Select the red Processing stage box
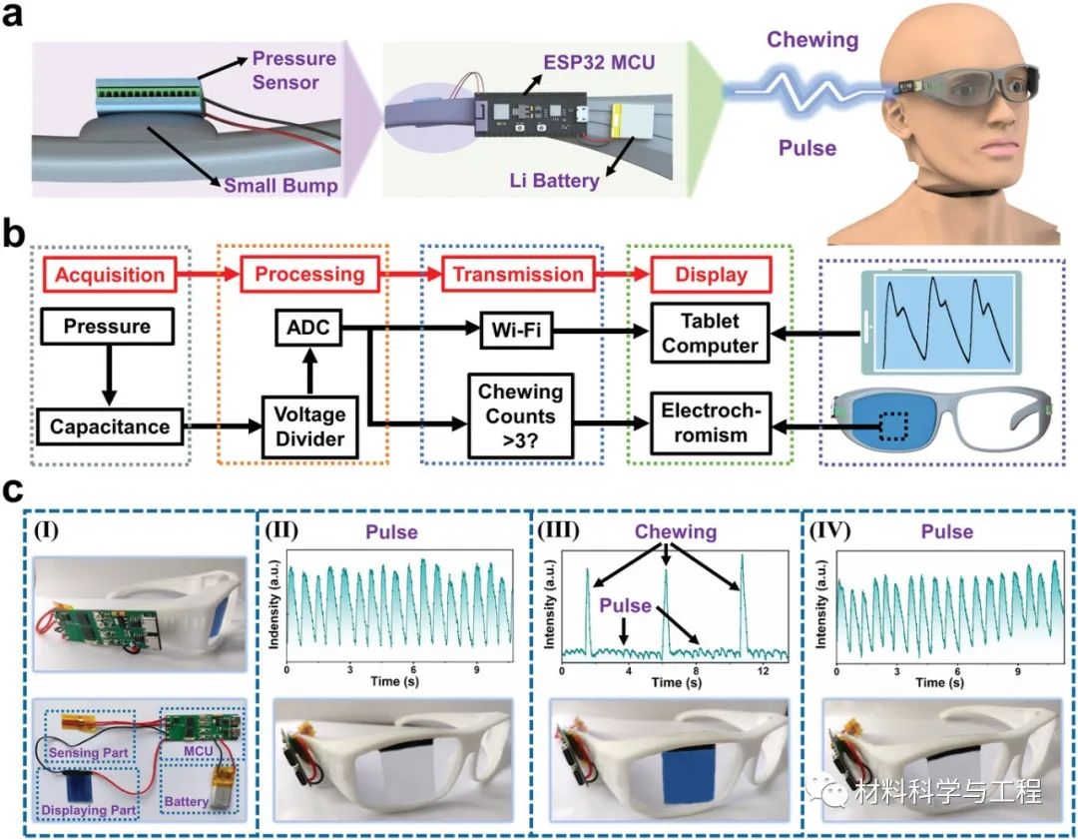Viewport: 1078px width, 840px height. coord(309,275)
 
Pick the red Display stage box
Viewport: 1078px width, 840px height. coord(699,275)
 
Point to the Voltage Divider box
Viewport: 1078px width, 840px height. coord(309,426)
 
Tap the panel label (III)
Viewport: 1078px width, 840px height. coord(556,532)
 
